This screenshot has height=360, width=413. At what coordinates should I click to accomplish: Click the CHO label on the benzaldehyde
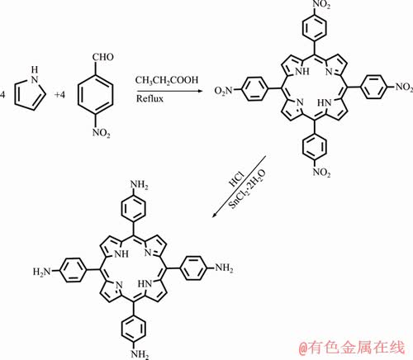(x=103, y=57)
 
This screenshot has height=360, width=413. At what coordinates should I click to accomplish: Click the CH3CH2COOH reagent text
(x=167, y=80)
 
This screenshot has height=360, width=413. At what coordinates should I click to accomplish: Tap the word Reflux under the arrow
(x=150, y=98)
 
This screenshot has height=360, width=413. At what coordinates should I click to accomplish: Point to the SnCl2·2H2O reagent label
(x=248, y=189)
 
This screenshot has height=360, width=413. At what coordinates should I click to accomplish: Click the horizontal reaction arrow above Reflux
(x=170, y=91)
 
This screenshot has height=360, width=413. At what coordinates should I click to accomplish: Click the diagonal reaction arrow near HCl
(x=239, y=187)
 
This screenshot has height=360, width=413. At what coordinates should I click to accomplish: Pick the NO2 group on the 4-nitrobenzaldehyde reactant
(x=102, y=133)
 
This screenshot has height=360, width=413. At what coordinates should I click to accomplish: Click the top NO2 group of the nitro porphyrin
(x=321, y=5)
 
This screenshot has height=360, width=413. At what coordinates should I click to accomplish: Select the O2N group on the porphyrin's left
(x=224, y=90)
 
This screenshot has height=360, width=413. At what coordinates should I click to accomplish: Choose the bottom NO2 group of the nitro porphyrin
(x=321, y=173)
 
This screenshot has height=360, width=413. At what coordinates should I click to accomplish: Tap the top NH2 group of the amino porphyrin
(x=139, y=185)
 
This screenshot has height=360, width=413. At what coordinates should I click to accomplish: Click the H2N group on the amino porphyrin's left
(x=42, y=272)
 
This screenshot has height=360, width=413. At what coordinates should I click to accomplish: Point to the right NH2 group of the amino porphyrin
(x=224, y=268)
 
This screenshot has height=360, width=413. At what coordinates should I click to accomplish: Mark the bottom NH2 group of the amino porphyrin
(x=140, y=354)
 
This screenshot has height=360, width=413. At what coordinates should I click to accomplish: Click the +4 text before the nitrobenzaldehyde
(x=59, y=95)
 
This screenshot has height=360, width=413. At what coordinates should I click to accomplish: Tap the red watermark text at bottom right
(x=353, y=347)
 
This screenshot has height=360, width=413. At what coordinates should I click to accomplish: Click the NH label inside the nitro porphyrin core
(x=302, y=72)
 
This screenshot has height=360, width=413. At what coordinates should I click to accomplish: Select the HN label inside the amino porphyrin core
(x=145, y=283)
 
